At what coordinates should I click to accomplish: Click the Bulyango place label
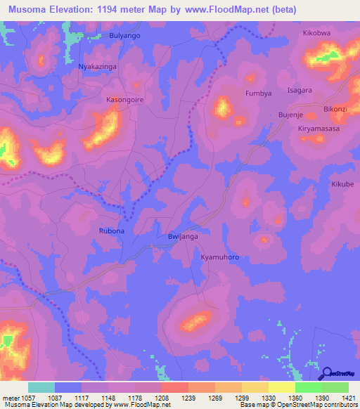(x=125, y=35)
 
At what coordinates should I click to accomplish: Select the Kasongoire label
(x=125, y=100)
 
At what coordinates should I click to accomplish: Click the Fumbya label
(x=257, y=93)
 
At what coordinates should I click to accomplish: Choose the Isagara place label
(x=300, y=91)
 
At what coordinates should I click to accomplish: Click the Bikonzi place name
(x=335, y=110)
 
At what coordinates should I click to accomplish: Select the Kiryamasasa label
(x=319, y=130)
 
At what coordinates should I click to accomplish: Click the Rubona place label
(x=111, y=231)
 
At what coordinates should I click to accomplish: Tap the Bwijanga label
(x=184, y=238)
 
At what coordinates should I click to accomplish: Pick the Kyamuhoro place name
(x=220, y=258)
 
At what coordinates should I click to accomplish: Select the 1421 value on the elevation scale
(x=349, y=397)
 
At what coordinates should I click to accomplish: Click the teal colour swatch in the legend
(x=41, y=387)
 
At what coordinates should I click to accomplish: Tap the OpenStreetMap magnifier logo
(x=327, y=373)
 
